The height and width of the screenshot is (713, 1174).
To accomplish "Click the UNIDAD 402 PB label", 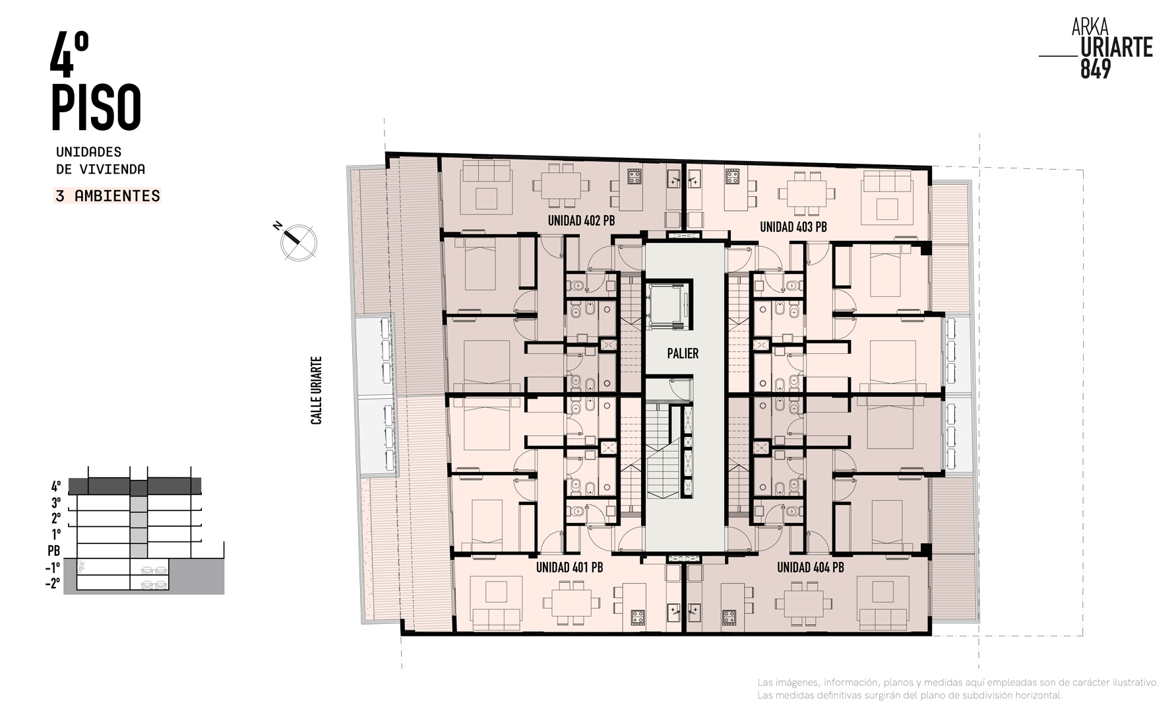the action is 581,221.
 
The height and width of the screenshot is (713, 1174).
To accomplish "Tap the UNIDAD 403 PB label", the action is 793,227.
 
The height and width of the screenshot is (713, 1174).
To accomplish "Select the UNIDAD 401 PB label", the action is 569,567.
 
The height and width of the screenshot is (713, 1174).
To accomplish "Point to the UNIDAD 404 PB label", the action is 811,567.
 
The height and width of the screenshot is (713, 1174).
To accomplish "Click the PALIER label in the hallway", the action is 683,353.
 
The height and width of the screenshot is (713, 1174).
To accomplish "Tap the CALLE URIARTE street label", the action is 317,390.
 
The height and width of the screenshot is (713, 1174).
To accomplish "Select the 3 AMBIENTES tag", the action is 108,196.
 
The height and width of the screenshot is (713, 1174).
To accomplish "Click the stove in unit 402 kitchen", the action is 634,176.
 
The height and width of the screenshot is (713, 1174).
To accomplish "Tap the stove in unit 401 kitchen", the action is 637,617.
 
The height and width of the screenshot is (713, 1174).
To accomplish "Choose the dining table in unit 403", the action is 807,193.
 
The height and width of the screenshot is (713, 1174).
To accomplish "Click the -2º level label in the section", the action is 53,583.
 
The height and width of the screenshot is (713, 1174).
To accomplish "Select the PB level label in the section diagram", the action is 53,550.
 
